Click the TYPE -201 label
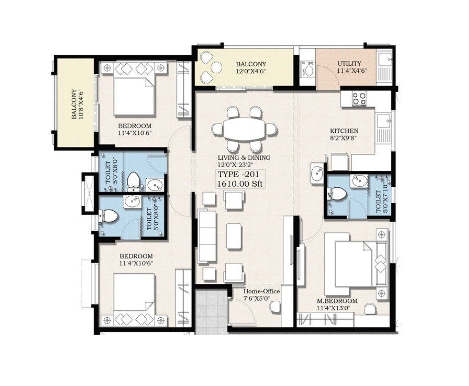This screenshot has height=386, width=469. [x=238, y=174]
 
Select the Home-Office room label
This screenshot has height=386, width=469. [x=261, y=291]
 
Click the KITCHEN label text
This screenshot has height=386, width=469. [x=344, y=131]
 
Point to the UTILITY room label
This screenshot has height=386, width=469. [x=349, y=64]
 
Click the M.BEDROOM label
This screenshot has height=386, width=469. [x=337, y=301]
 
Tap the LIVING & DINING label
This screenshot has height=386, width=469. [x=243, y=157]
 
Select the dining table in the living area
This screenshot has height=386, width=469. [x=244, y=130]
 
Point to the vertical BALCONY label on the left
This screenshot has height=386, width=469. [x=74, y=104]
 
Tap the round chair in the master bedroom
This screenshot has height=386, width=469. [x=370, y=310]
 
